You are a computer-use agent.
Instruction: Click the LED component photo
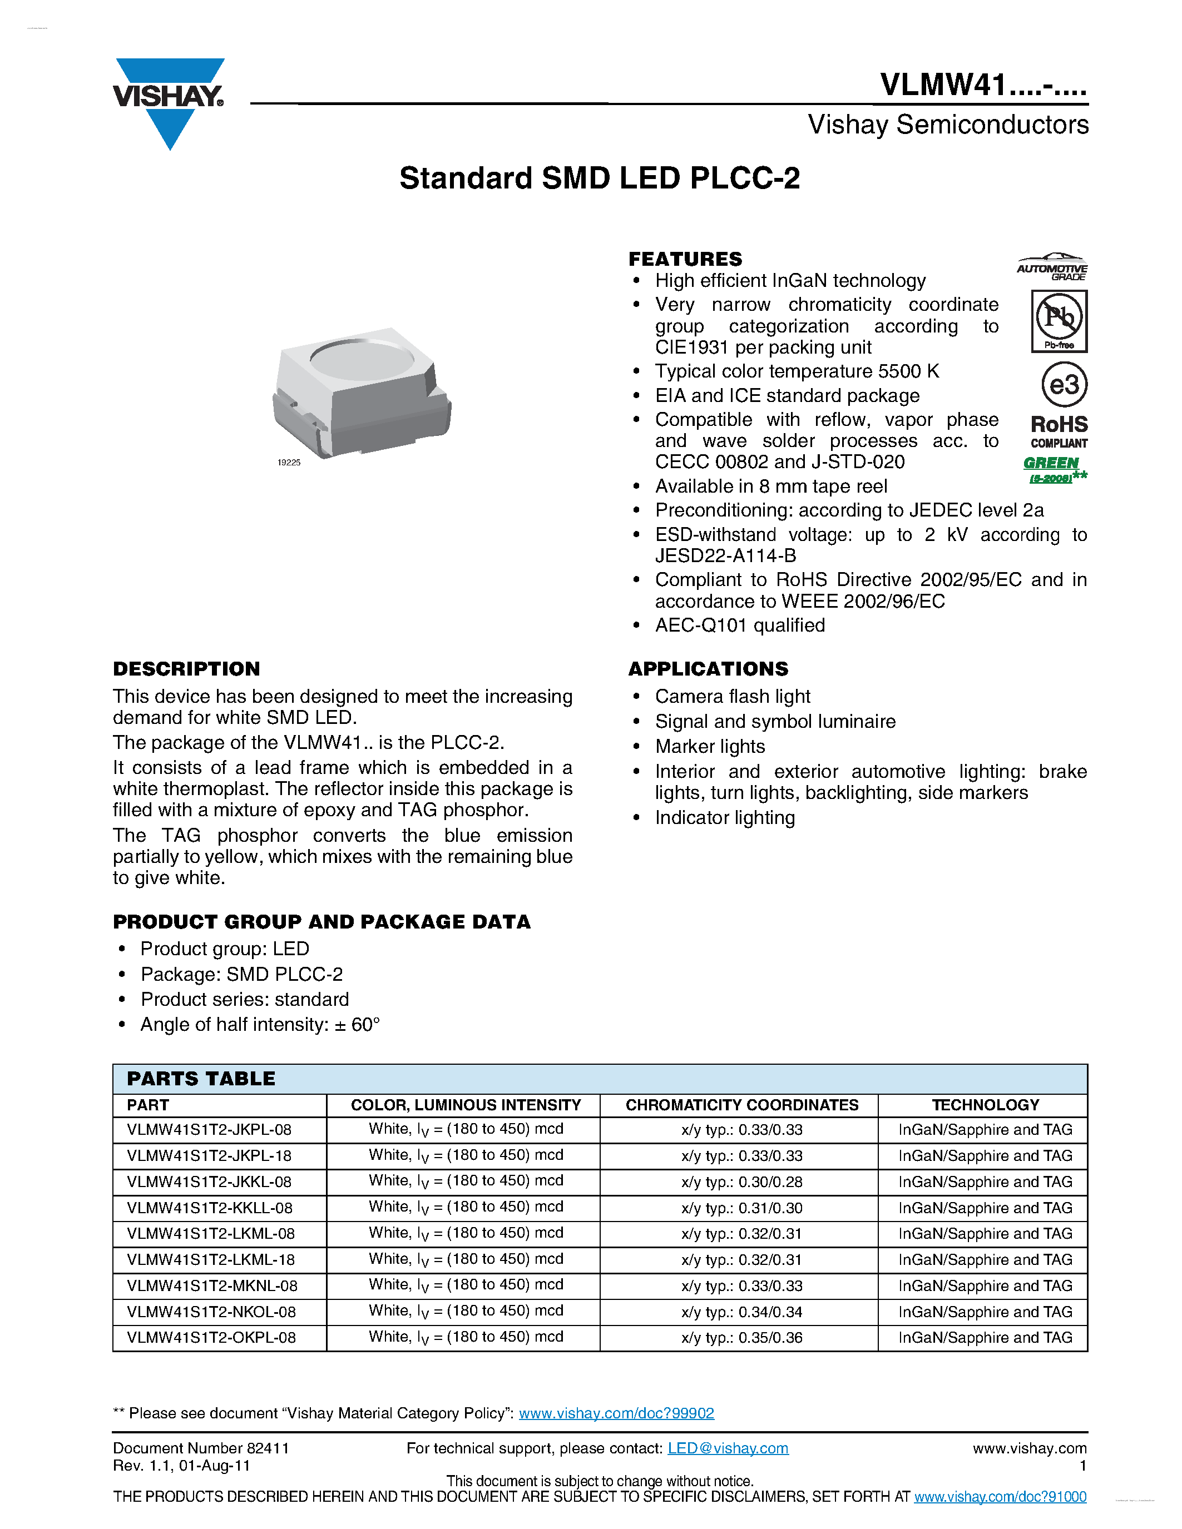[x=362, y=392]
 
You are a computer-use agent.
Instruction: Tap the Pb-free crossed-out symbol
[x=1059, y=321]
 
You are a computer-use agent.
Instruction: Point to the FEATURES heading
[x=685, y=259]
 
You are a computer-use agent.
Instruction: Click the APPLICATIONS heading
[x=708, y=668]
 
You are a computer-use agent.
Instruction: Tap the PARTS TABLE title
[x=201, y=1078]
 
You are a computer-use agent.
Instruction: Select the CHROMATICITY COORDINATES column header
[x=741, y=1105]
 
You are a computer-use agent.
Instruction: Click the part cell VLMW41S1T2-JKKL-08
[x=209, y=1181]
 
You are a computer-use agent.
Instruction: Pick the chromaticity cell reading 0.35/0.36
[x=741, y=1337]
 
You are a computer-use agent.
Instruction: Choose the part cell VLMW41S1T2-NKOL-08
[x=211, y=1311]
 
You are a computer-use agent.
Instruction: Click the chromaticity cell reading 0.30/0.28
[x=741, y=1181]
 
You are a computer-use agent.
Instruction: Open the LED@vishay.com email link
[x=728, y=1448]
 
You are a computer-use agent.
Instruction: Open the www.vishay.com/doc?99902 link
[x=616, y=1413]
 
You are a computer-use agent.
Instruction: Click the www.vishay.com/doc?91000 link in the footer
[x=1000, y=1496]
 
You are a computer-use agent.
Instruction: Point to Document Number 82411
[x=201, y=1448]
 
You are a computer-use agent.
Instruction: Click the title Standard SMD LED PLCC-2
[x=600, y=178]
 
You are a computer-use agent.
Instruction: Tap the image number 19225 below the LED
[x=289, y=463]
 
